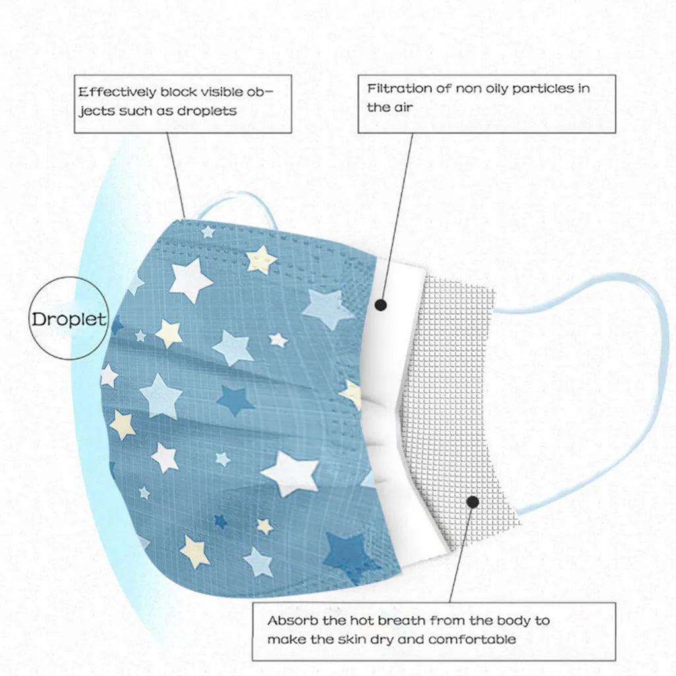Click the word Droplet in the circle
[69, 320]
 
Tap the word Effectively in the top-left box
[118, 92]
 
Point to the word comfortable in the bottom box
[472, 639]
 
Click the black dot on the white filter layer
[380, 305]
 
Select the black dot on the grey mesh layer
[473, 502]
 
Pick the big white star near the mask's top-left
[189, 279]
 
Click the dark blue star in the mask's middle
[235, 399]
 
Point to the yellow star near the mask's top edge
[261, 259]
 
